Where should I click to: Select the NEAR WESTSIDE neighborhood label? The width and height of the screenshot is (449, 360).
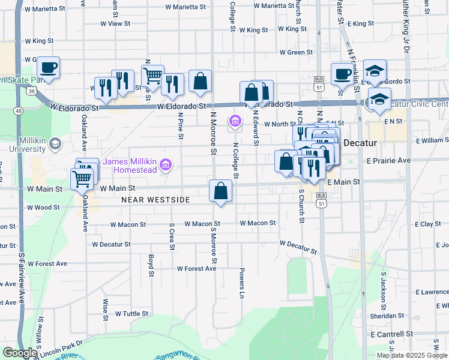[x=155, y=200]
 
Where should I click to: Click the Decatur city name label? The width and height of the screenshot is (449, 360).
[x=359, y=144]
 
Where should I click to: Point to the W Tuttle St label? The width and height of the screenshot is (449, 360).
[x=131, y=314]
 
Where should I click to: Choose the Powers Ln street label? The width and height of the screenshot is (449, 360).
[x=243, y=283]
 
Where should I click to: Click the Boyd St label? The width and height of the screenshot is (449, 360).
[x=151, y=262]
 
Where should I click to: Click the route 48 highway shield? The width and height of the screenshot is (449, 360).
[x=19, y=111]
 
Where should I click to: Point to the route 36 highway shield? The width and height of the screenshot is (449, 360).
[x=31, y=90]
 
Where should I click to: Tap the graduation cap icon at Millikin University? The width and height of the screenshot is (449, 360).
[x=55, y=143]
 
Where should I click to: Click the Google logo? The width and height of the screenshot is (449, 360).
[x=20, y=353]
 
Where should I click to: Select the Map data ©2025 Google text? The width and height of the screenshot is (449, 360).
[x=412, y=355]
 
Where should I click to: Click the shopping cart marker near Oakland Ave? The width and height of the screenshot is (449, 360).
[x=82, y=178]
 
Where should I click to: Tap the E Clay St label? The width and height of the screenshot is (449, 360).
[x=427, y=224]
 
